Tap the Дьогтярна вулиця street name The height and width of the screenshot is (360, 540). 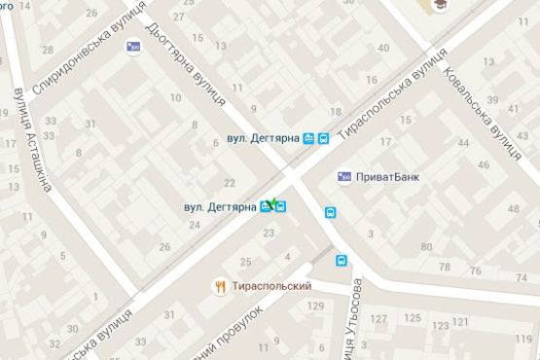tap(184, 64)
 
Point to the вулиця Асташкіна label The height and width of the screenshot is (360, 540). tap(18, 146)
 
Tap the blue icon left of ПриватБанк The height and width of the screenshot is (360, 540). tap(344, 177)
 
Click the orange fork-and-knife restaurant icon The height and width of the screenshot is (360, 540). tap(221, 286)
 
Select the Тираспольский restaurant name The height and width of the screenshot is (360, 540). tap(272, 286)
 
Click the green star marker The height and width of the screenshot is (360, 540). tap(273, 203)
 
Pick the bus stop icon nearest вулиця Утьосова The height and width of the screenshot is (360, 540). tap(342, 261)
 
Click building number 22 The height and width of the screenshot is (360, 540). tap(230, 183)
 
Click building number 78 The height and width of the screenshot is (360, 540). tap(445, 268)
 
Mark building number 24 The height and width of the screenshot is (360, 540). tap(194, 225)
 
